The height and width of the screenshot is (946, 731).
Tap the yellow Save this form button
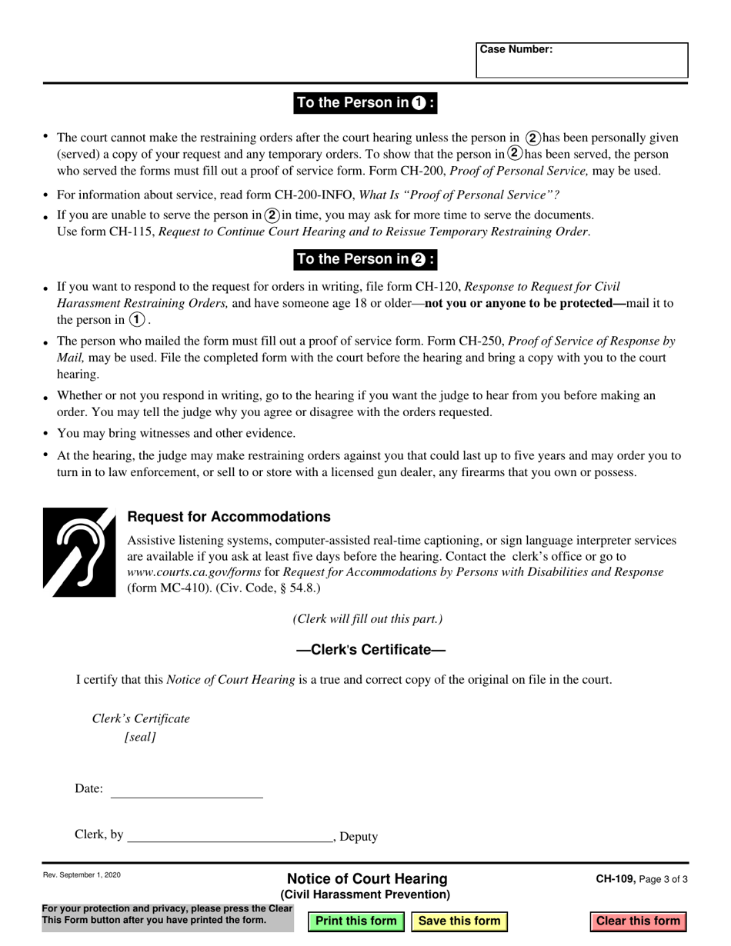459,921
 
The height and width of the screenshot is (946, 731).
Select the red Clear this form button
638,921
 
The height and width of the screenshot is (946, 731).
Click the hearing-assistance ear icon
79,551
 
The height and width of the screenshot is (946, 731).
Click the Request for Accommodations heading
229,517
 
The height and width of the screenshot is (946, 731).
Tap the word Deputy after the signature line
359,837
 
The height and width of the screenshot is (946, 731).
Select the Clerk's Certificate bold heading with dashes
371,650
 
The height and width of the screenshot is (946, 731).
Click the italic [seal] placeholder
140,737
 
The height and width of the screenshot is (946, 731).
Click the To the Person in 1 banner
365,103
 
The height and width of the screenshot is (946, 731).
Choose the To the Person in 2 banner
365,259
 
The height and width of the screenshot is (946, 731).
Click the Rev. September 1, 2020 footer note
82,875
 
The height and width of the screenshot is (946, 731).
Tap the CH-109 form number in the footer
615,879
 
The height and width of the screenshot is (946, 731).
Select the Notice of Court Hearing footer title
366,879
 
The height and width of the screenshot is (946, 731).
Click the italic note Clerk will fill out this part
367,619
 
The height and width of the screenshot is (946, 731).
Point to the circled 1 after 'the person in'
137,320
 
